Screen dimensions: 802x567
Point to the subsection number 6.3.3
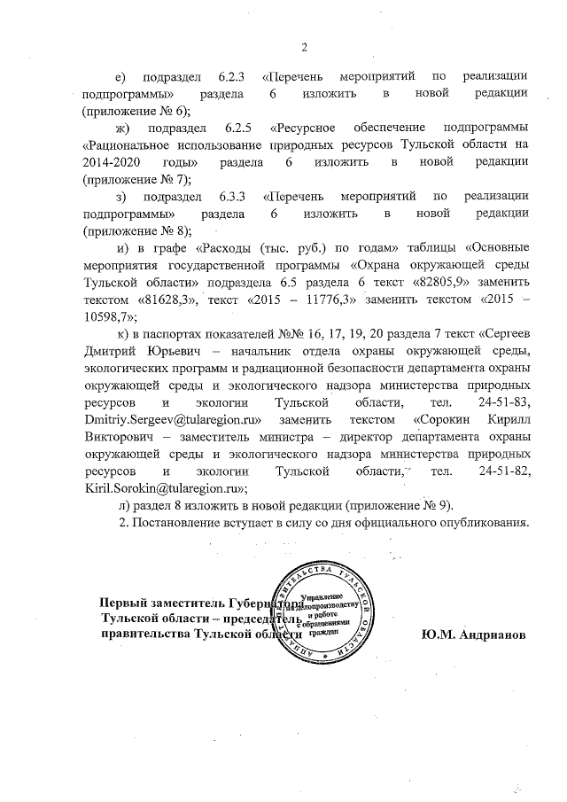234,196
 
